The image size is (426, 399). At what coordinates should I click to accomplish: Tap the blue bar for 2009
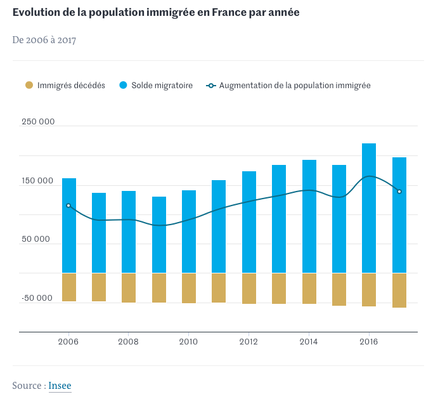[159, 235]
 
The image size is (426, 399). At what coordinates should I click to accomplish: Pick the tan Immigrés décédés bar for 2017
[399, 290]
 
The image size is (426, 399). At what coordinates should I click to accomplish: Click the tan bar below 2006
[68, 287]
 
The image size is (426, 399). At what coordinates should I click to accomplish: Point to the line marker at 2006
[68, 206]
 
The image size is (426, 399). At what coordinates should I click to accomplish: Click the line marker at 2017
[399, 192]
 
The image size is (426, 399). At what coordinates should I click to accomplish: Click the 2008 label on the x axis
[129, 341]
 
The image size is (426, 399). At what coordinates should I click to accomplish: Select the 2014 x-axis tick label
[309, 341]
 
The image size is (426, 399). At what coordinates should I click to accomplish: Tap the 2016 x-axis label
[369, 341]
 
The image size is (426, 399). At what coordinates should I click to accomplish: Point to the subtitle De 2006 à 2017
[44, 40]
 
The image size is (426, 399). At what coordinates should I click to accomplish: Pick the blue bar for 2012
[249, 222]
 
